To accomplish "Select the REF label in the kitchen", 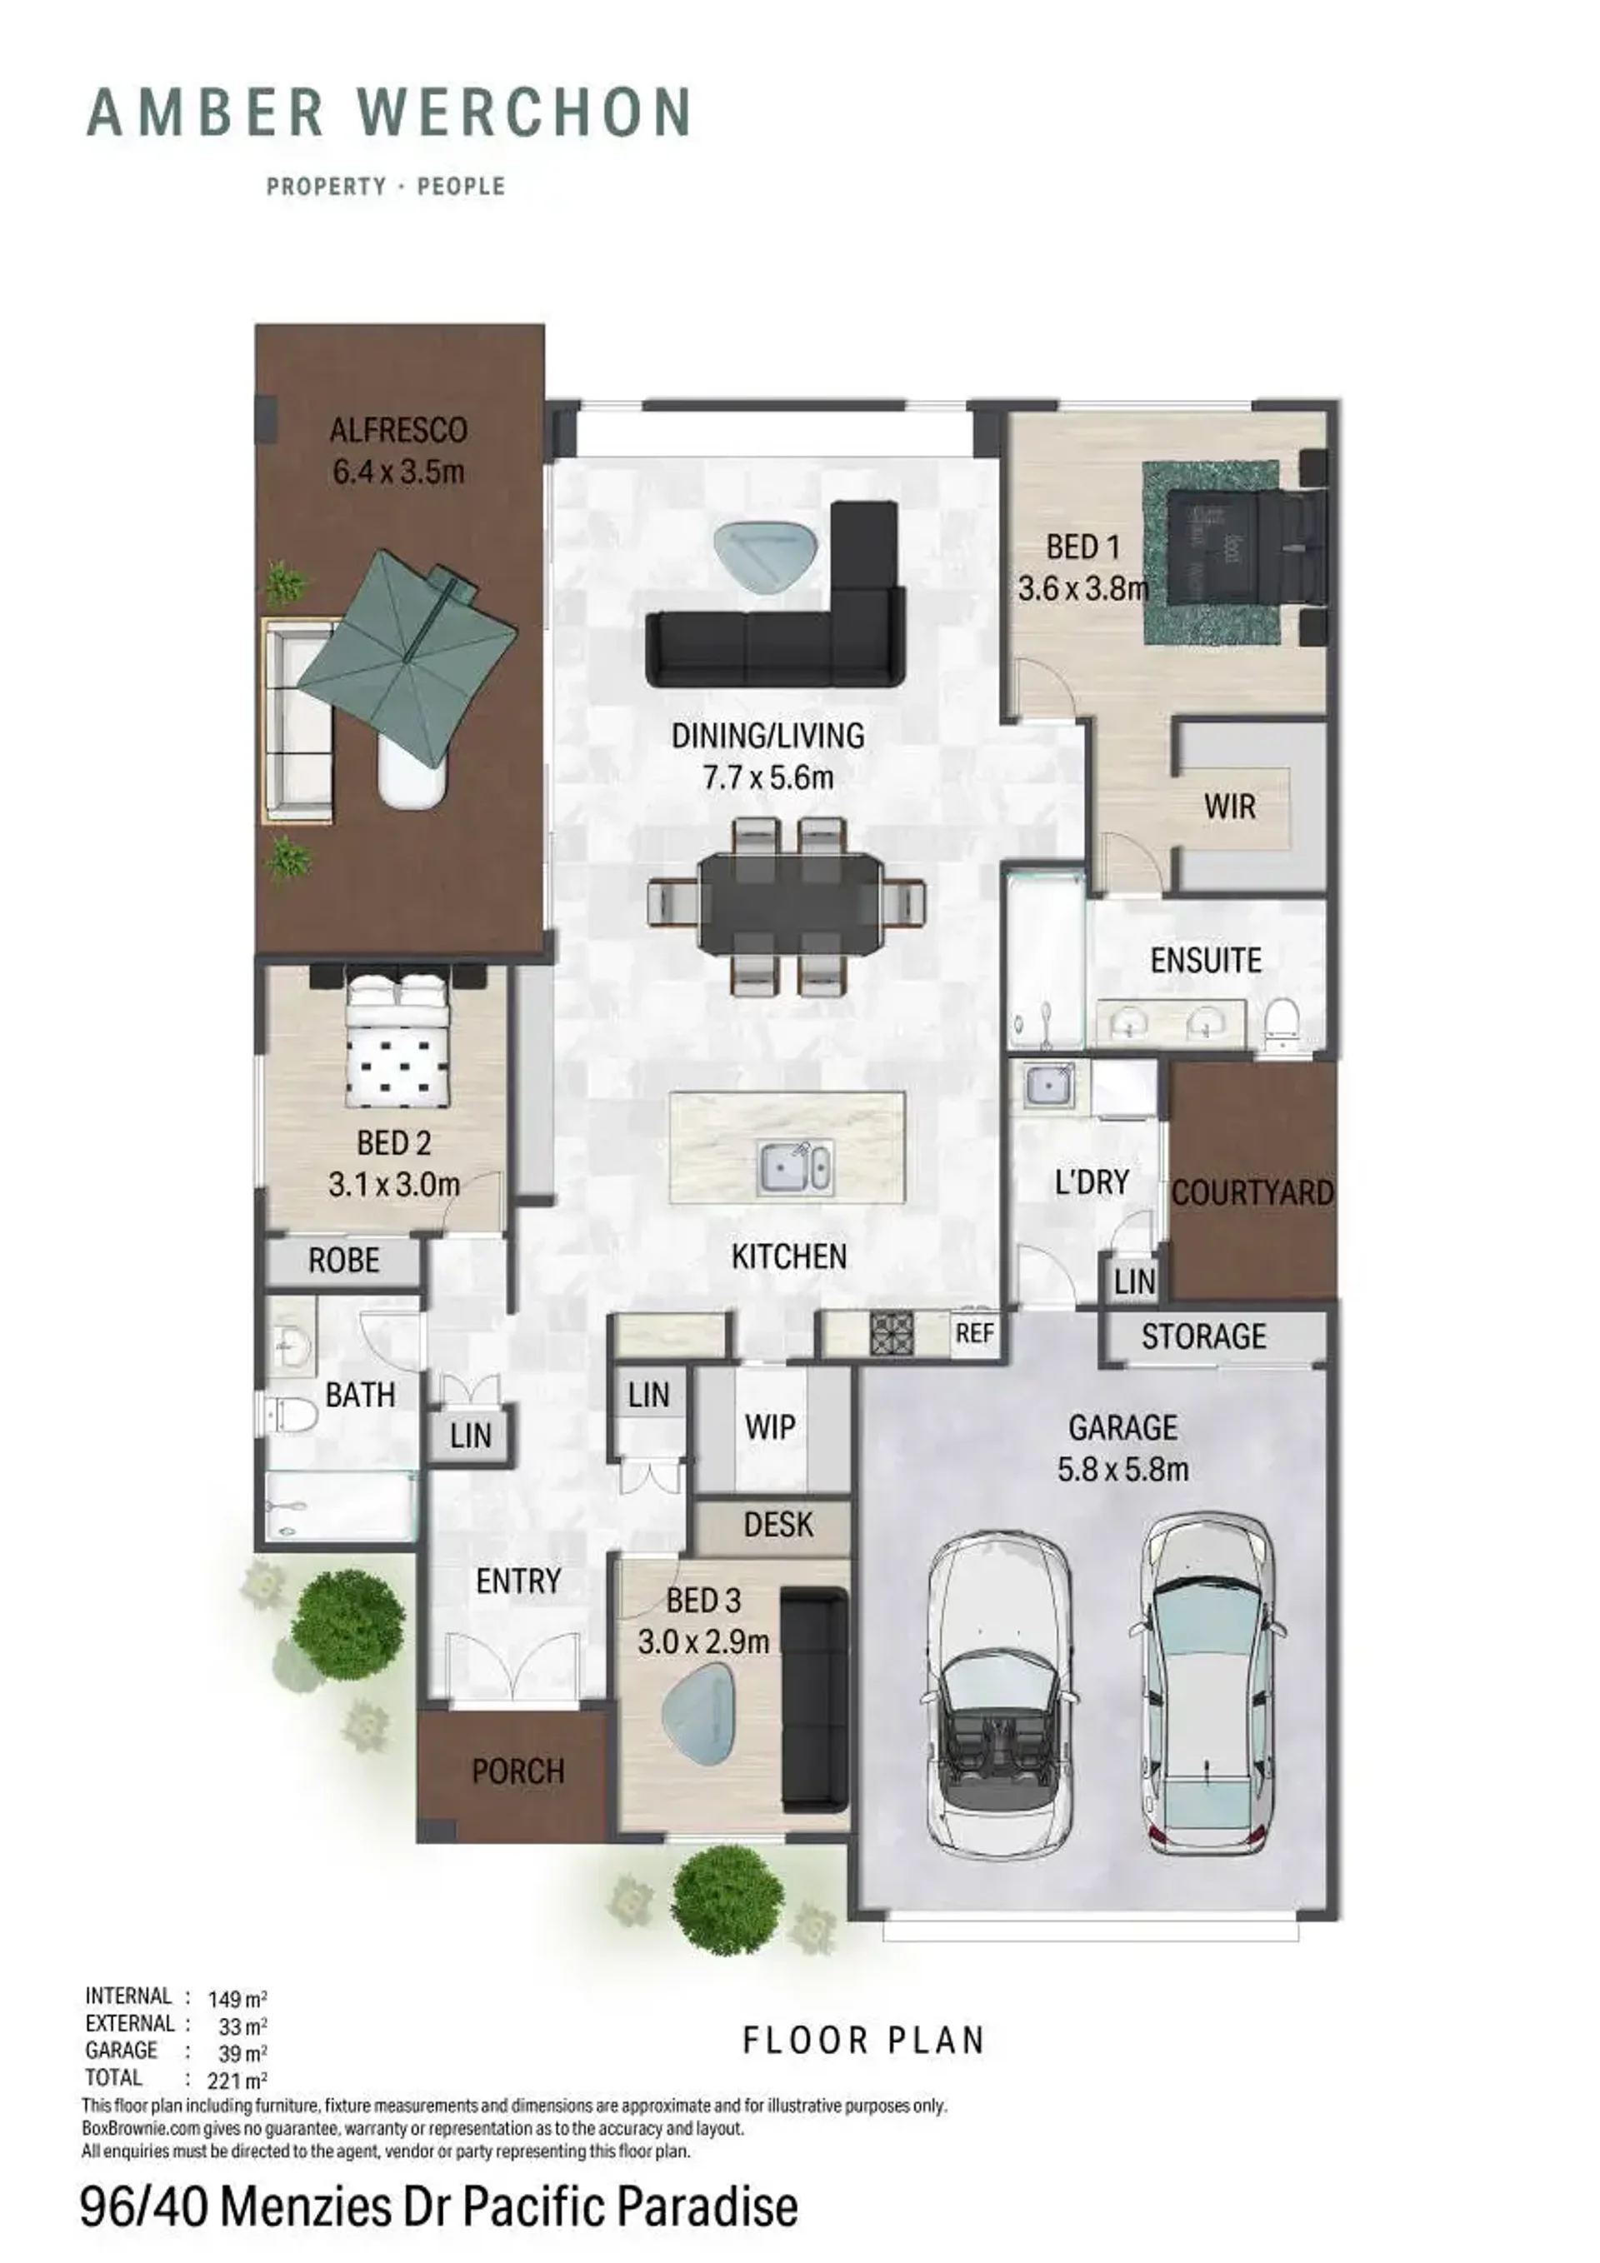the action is click(974, 1333).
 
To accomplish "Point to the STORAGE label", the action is click(1203, 1336).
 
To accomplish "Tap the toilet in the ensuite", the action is click(1282, 1022).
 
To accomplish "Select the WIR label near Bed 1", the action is click(1229, 807).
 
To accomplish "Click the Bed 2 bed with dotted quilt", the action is click(398, 1040).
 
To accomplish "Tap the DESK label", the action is click(777, 1525).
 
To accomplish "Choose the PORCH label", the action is click(517, 1771).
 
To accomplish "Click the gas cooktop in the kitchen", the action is click(891, 1332).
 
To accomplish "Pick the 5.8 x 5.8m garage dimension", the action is click(1122, 1470).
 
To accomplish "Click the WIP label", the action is click(770, 1426).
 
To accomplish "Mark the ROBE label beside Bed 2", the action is click(343, 1260).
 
